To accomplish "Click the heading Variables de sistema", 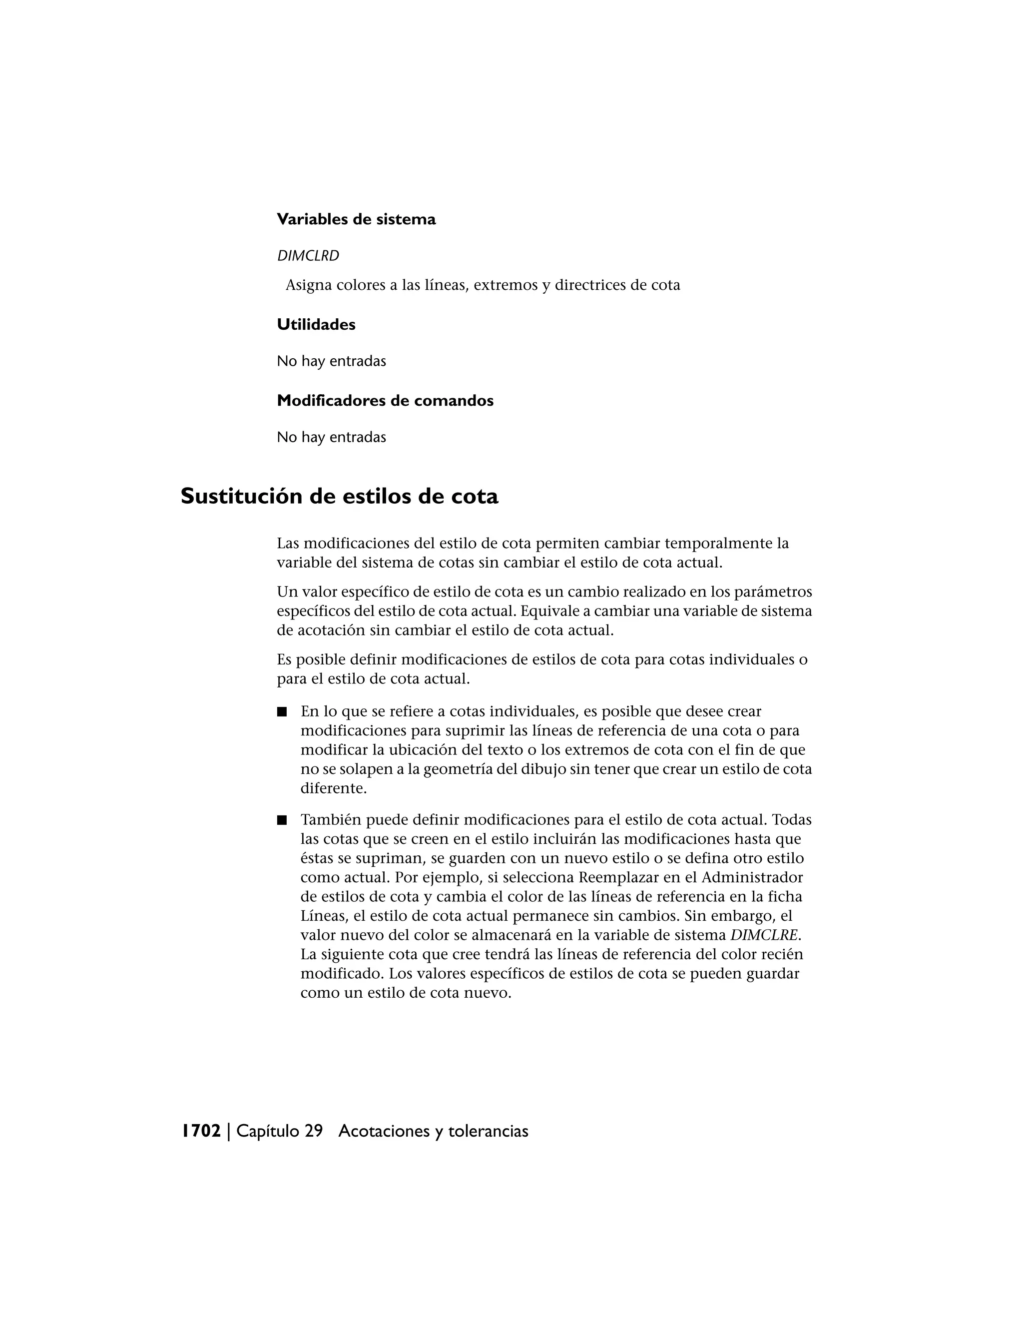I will point(356,219).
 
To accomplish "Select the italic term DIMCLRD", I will point(308,256).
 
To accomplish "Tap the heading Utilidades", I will point(316,325).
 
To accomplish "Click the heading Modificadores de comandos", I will point(385,401).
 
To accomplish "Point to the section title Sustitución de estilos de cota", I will point(339,497).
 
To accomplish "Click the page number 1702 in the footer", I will point(201,1131).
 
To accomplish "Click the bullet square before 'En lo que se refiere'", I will point(281,711).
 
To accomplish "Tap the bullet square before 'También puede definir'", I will point(281,820).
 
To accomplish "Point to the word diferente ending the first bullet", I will point(333,789).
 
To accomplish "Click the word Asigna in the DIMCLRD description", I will point(307,285).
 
